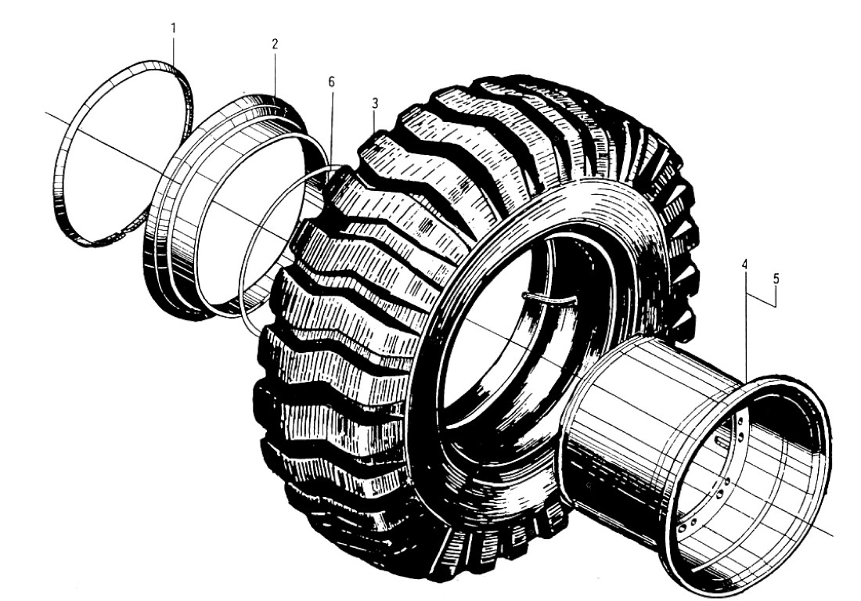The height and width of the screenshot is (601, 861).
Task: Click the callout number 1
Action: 174,28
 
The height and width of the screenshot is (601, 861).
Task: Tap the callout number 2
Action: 275,45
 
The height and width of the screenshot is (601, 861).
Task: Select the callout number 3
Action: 374,103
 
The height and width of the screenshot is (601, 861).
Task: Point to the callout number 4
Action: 744,265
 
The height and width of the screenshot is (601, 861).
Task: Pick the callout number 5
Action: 776,279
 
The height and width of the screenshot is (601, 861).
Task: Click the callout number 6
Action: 331,82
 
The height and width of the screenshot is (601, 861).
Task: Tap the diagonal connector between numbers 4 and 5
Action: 761,300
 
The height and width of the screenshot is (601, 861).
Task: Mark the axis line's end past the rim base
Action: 833,535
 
